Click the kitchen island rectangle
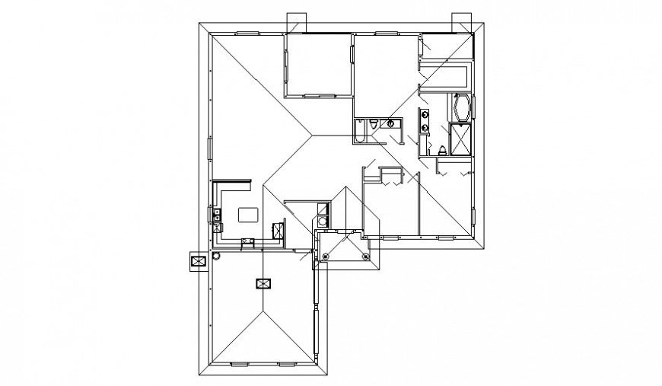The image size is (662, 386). [x=248, y=215]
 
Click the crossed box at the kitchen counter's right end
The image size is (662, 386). [x=279, y=231]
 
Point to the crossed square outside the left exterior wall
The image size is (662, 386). [x=199, y=261]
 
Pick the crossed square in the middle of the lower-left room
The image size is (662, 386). [x=263, y=284]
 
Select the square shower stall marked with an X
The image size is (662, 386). [x=460, y=139]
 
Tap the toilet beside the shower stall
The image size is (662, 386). [x=443, y=148]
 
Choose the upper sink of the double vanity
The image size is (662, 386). [x=424, y=116]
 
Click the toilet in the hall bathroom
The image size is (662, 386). [x=375, y=123]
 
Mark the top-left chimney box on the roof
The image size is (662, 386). [x=296, y=23]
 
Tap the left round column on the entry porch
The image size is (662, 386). [x=325, y=257]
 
